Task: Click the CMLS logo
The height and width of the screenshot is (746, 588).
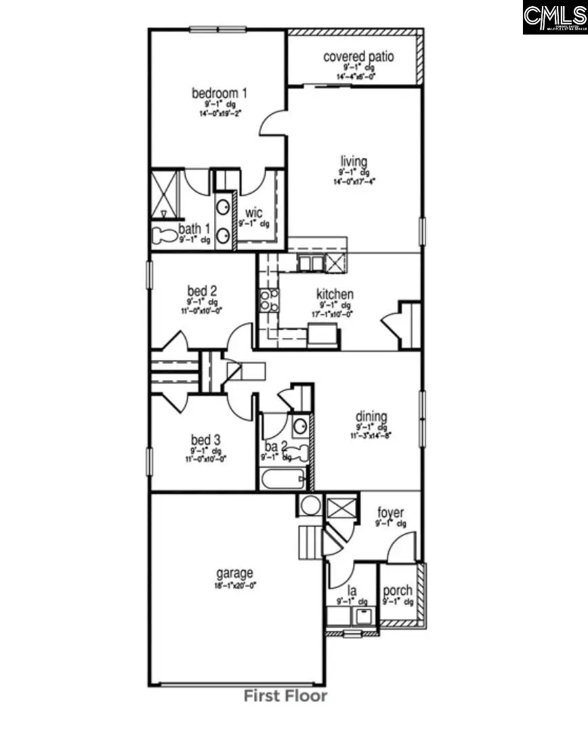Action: (554, 18)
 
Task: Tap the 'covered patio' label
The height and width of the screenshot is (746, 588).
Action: (358, 56)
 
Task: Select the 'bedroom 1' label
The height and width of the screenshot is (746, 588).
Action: (219, 93)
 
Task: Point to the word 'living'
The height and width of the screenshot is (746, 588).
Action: (354, 161)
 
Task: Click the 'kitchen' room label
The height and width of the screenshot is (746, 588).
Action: (335, 294)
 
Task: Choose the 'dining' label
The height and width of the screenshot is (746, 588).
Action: (372, 417)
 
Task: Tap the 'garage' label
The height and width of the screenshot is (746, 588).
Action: (234, 573)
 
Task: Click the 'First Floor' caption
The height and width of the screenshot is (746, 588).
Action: (285, 696)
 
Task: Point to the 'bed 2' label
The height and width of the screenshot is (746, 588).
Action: (202, 291)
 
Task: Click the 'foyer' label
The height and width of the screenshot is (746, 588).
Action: (391, 513)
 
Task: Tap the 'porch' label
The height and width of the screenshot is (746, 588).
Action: (398, 591)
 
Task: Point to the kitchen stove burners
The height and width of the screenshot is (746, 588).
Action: (269, 300)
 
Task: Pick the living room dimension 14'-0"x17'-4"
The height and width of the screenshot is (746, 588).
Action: (354, 181)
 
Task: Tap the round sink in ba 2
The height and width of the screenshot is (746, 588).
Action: (300, 426)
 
